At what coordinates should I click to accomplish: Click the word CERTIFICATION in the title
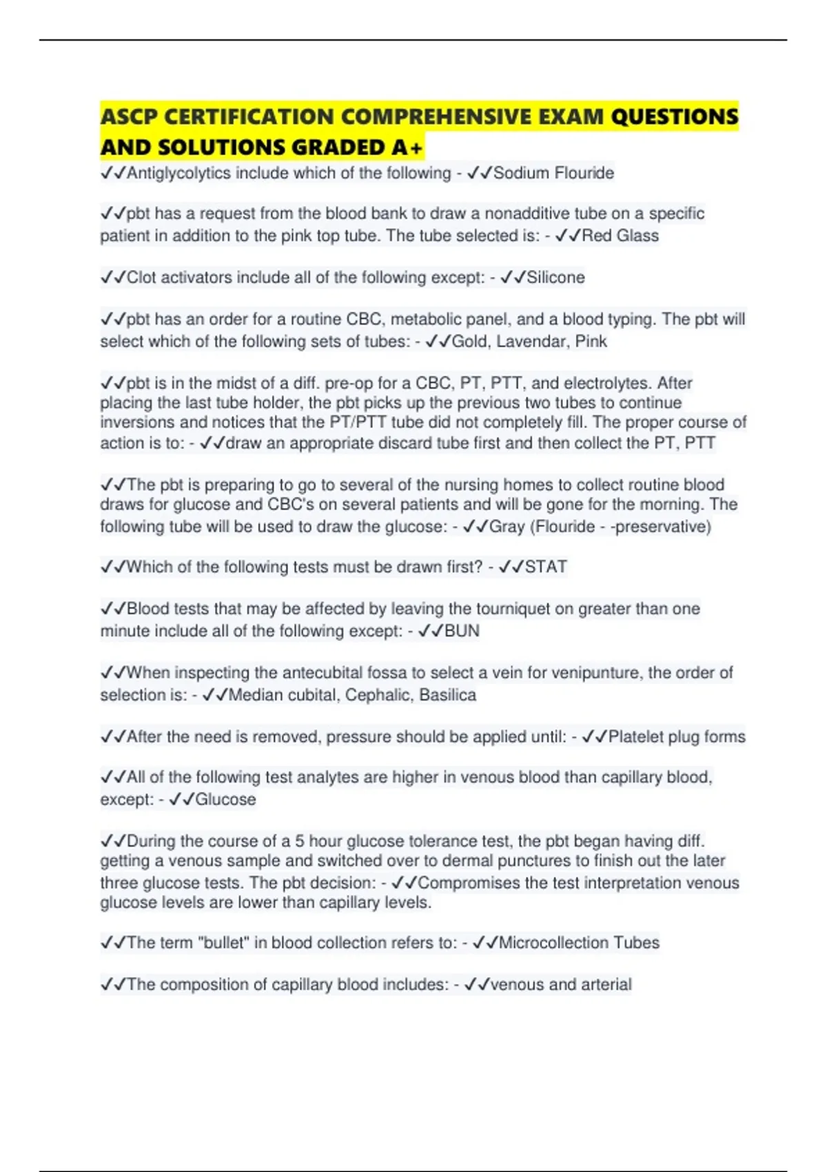(x=249, y=117)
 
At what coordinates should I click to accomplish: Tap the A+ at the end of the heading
(x=407, y=148)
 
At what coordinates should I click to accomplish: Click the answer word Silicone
(x=555, y=277)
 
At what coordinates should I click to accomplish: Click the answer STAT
(x=546, y=567)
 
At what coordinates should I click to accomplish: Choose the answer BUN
(x=462, y=631)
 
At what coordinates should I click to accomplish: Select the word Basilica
(x=447, y=695)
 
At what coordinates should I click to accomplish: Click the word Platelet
(x=635, y=736)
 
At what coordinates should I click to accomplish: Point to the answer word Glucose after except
(x=225, y=800)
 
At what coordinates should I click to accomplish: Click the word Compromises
(x=469, y=882)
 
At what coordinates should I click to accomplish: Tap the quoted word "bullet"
(x=223, y=942)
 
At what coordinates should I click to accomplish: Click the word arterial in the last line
(x=606, y=984)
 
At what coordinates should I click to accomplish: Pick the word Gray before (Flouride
(x=507, y=527)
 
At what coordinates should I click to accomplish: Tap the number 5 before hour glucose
(x=300, y=841)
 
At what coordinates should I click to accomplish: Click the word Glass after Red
(x=637, y=236)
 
